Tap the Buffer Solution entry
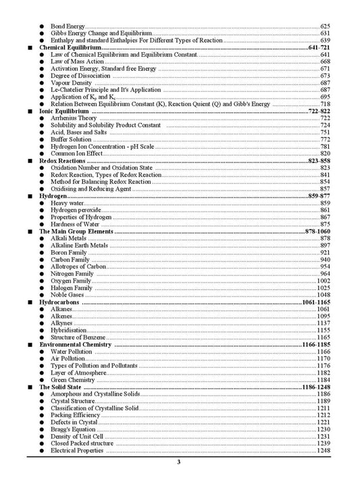[71, 139]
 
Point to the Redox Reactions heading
[62, 162]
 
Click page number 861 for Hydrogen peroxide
[325, 210]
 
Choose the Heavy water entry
[67, 203]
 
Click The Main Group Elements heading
[76, 231]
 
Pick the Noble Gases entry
[69, 295]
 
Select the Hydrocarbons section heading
[59, 302]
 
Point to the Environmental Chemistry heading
[76, 345]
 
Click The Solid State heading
[63, 387]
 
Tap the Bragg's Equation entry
[73, 429]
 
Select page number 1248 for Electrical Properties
[324, 450]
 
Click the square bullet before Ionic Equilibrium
[30, 111]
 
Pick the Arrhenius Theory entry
[74, 118]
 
